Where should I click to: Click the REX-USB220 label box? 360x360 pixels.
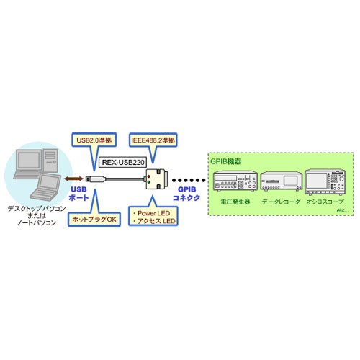point(124,163)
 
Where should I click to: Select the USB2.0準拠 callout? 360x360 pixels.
point(91,140)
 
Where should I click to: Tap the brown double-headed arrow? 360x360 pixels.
point(72,178)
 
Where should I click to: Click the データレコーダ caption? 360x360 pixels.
point(282,202)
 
